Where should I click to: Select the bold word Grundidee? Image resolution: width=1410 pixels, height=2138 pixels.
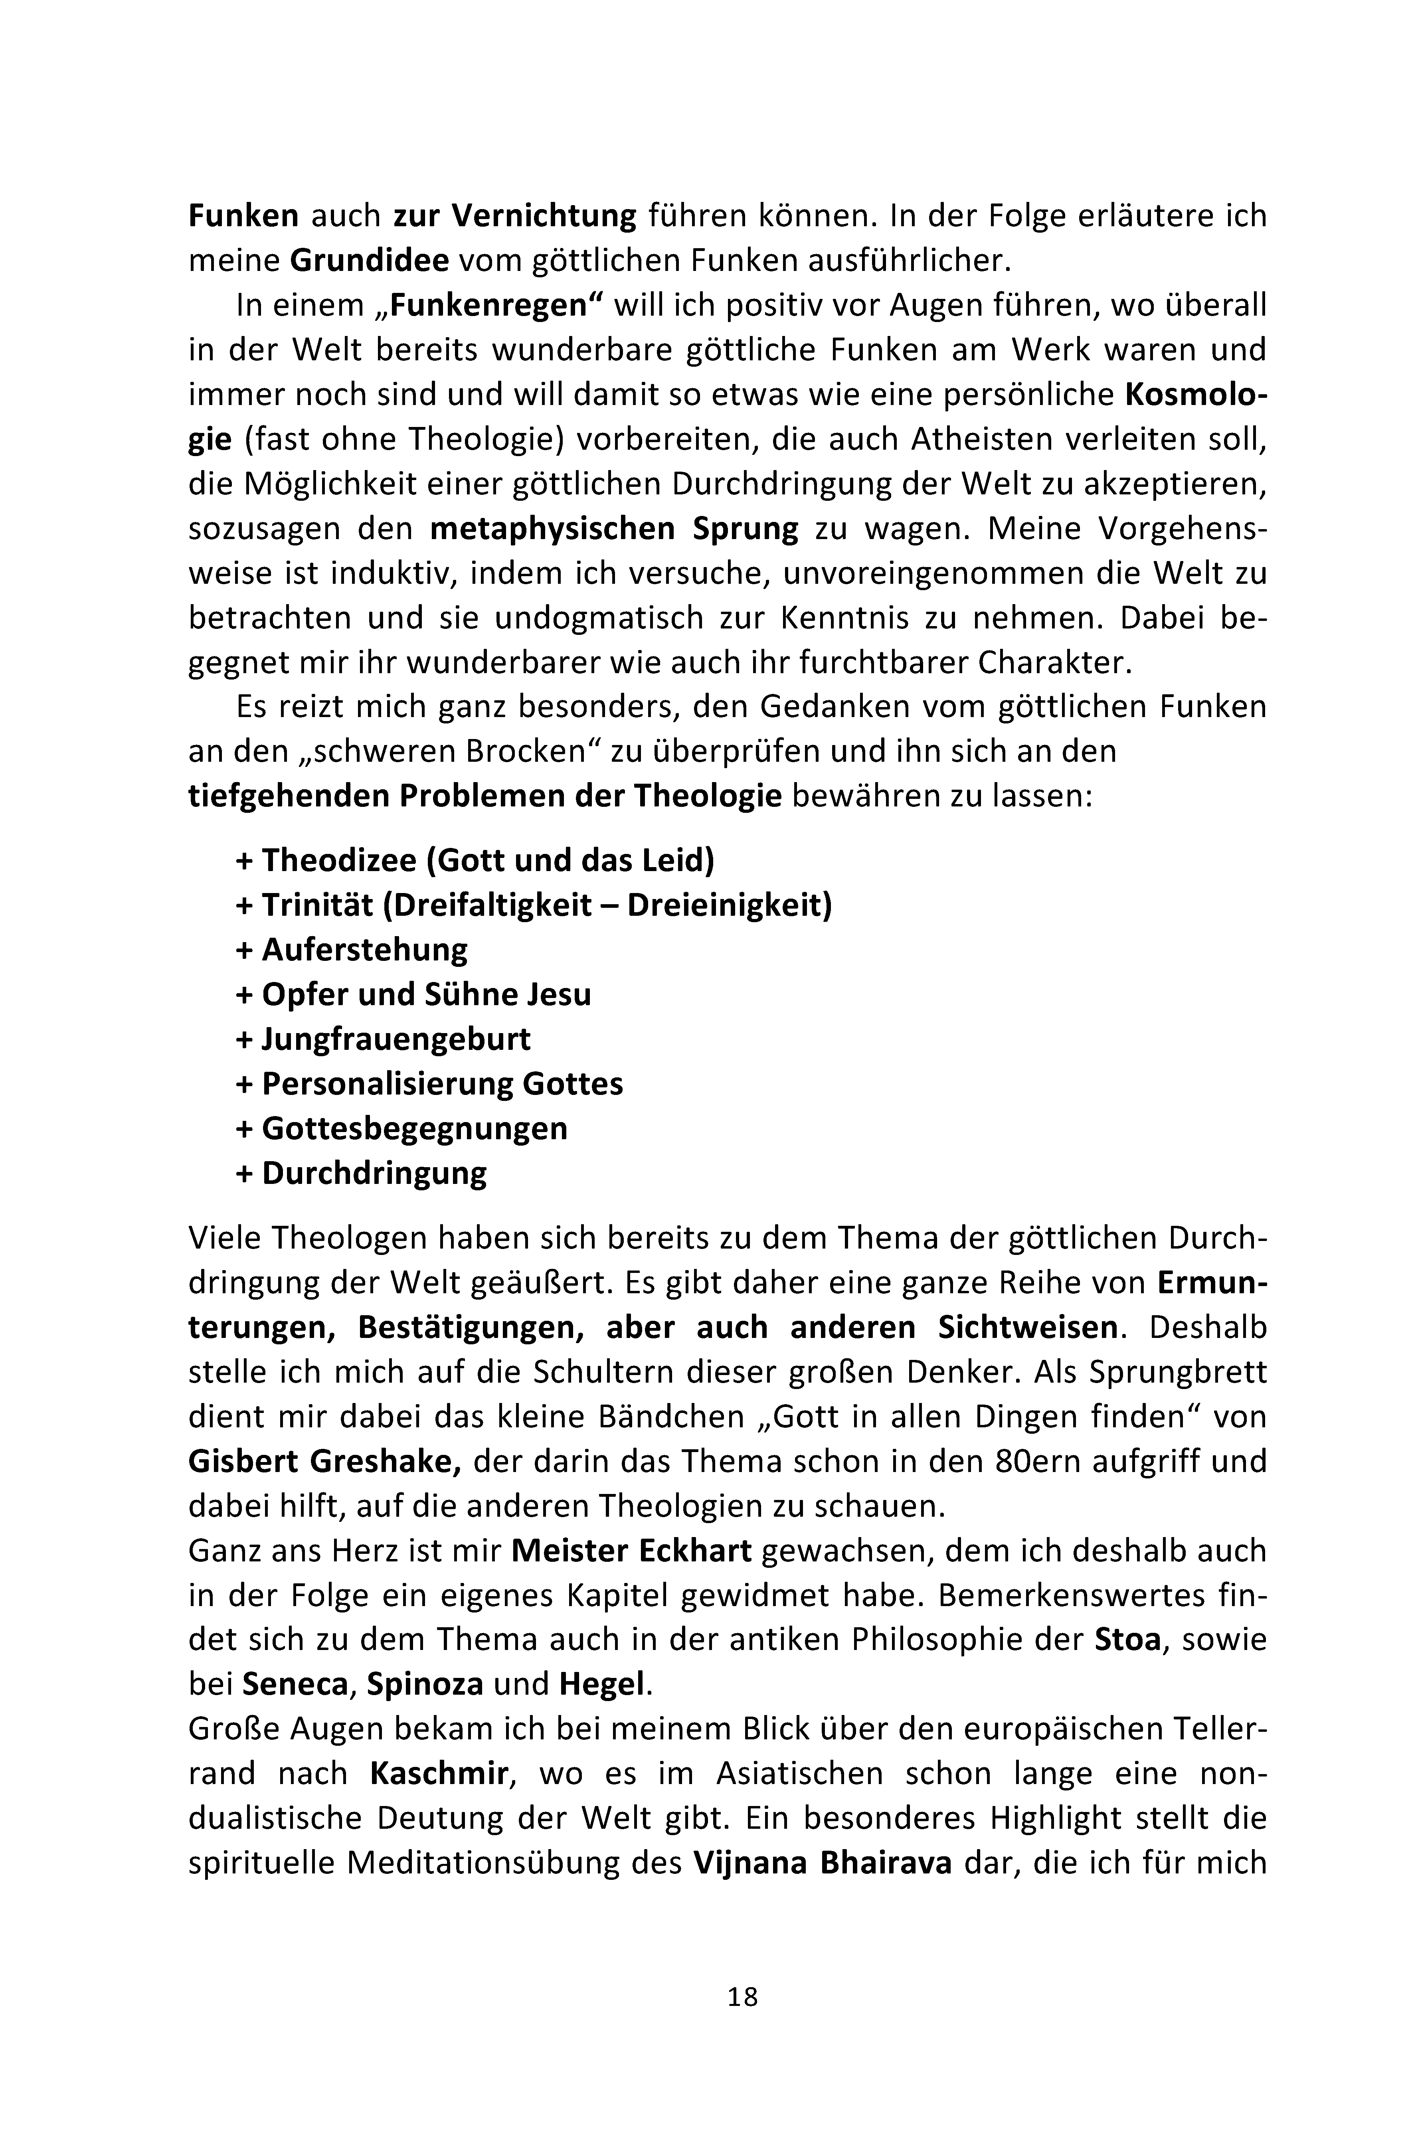tap(370, 261)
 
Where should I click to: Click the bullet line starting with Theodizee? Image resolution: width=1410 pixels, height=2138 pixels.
tap(475, 860)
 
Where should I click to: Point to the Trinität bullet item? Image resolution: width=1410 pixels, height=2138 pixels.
tap(534, 905)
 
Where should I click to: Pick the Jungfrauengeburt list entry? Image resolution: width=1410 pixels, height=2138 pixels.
tap(383, 1038)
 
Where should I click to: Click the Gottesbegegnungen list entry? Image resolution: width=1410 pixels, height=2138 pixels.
tap(402, 1127)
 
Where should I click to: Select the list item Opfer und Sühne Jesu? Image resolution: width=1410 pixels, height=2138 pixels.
tap(413, 994)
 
